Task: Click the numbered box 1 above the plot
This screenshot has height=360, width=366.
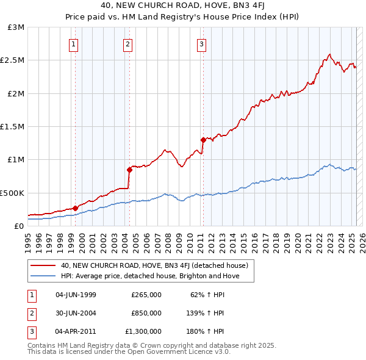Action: [x=73, y=43]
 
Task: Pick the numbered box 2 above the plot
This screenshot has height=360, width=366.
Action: [x=127, y=43]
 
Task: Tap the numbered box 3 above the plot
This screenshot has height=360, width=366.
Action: [x=201, y=43]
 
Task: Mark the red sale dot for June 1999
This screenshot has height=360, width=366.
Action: [x=75, y=208]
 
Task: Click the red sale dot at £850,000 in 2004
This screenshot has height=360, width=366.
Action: [x=129, y=170]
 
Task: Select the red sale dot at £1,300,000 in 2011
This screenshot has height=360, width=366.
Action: [x=203, y=140]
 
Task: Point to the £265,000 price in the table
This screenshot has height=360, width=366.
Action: [x=146, y=295]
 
